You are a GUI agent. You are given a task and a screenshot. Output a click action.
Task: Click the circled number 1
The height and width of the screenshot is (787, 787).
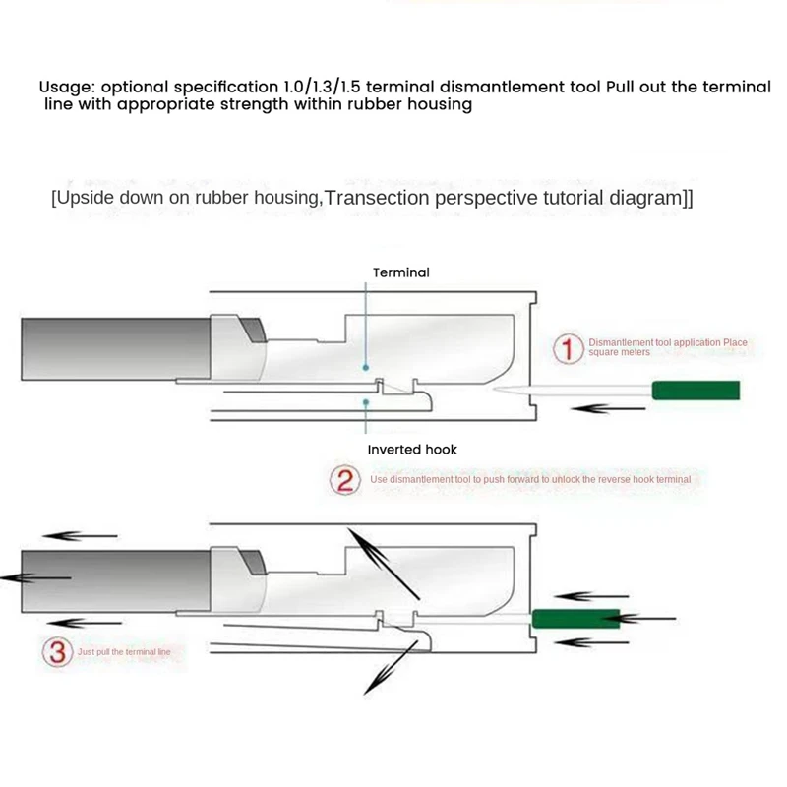click(x=568, y=348)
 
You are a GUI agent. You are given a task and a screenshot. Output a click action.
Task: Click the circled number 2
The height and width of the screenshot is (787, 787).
click(x=344, y=480)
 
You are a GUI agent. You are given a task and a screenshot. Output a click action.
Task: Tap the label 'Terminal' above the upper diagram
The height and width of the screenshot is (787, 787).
click(x=400, y=272)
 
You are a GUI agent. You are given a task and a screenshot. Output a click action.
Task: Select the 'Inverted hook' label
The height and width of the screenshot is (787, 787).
click(x=412, y=450)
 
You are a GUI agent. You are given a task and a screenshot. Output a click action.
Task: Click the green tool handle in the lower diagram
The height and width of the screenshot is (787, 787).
click(x=575, y=618)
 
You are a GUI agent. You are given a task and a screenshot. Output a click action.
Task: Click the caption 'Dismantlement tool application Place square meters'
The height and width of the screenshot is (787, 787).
click(x=667, y=347)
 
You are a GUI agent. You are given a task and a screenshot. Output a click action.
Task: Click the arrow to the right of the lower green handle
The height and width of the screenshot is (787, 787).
click(x=649, y=618)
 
